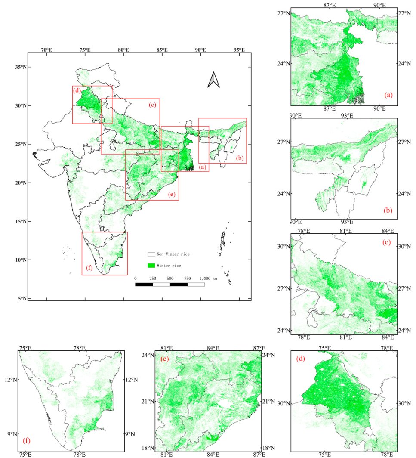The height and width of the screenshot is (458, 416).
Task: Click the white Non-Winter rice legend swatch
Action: click(x=151, y=254)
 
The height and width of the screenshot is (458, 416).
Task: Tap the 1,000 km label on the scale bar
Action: click(x=208, y=279)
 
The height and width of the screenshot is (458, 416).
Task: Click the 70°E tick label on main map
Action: click(x=46, y=50)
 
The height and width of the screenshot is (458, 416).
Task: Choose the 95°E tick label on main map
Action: click(x=239, y=50)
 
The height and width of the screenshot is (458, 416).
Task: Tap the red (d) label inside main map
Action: click(x=77, y=90)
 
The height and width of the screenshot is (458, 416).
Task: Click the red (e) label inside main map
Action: click(x=172, y=195)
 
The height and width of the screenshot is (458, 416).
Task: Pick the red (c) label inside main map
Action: click(x=152, y=105)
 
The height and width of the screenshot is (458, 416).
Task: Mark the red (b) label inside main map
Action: click(x=240, y=158)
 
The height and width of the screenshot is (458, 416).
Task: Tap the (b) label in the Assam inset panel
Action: click(x=388, y=211)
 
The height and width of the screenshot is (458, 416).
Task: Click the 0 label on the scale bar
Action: click(x=136, y=279)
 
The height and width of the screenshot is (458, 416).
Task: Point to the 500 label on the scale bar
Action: click(x=170, y=279)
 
